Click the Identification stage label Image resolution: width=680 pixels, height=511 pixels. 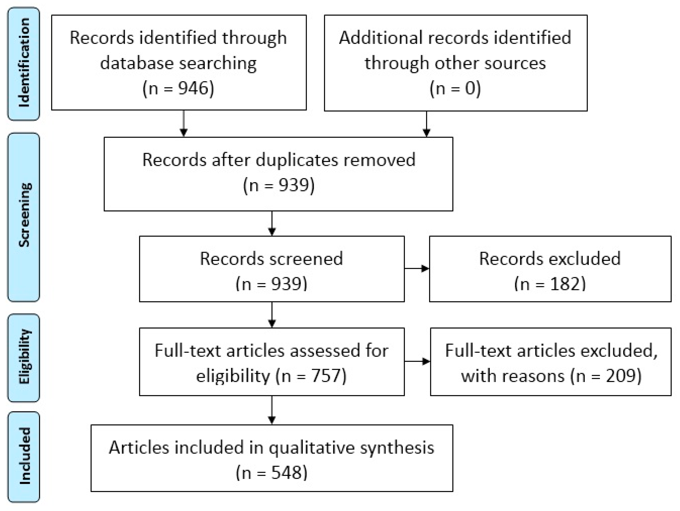24,63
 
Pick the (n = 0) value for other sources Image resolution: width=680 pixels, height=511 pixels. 455,88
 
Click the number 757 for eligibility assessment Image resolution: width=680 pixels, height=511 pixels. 326,376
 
